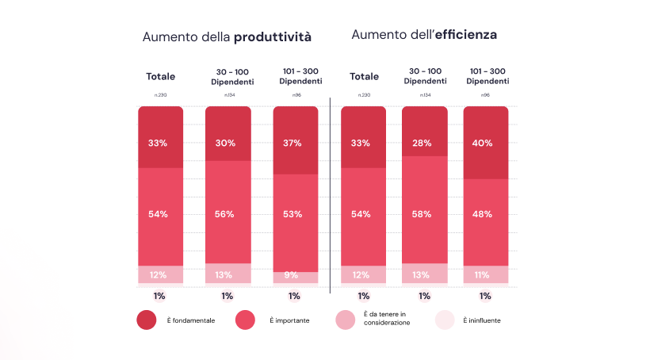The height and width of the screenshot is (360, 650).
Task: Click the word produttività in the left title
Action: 273,37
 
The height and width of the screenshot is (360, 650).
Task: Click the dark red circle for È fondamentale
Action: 147,320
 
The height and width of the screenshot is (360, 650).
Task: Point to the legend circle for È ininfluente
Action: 445,320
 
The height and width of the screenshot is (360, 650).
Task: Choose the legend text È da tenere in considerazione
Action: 387,320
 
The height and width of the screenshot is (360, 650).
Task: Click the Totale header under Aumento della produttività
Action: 160,77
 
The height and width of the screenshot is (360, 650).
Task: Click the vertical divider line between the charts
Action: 331,190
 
